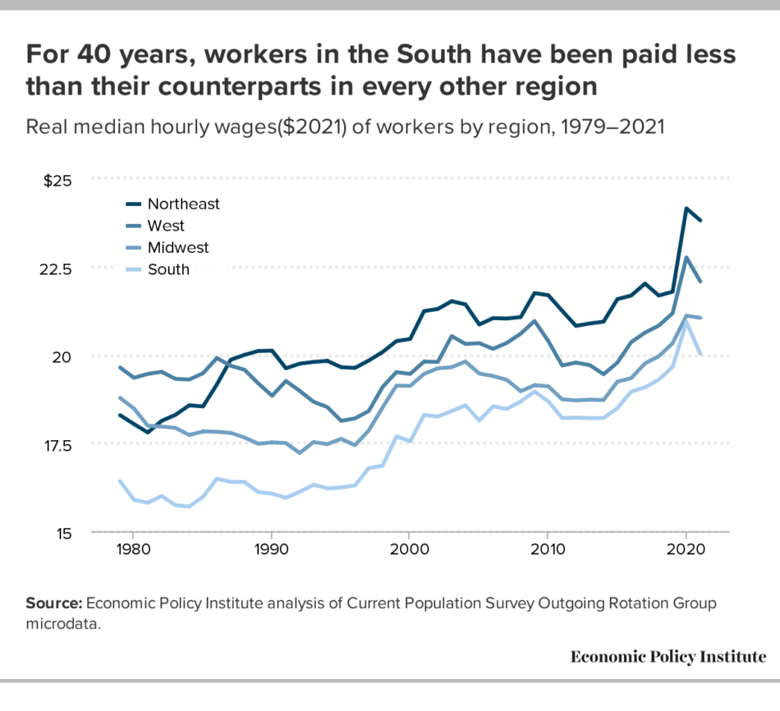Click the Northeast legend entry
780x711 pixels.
(x=183, y=204)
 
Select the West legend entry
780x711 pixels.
(x=166, y=226)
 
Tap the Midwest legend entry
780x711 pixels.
(x=178, y=247)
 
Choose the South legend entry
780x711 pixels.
(x=168, y=269)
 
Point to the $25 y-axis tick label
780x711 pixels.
(x=57, y=180)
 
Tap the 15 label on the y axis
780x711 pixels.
(x=64, y=534)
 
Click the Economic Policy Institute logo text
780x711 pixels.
(x=668, y=657)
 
